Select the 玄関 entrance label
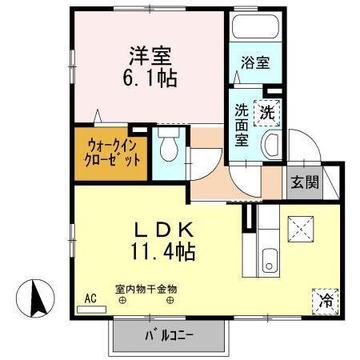(x=304, y=182)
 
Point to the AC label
(x=90, y=298)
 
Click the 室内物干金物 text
(x=146, y=289)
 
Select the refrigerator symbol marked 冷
(x=326, y=301)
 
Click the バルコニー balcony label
(x=170, y=334)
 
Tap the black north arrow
(x=36, y=301)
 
